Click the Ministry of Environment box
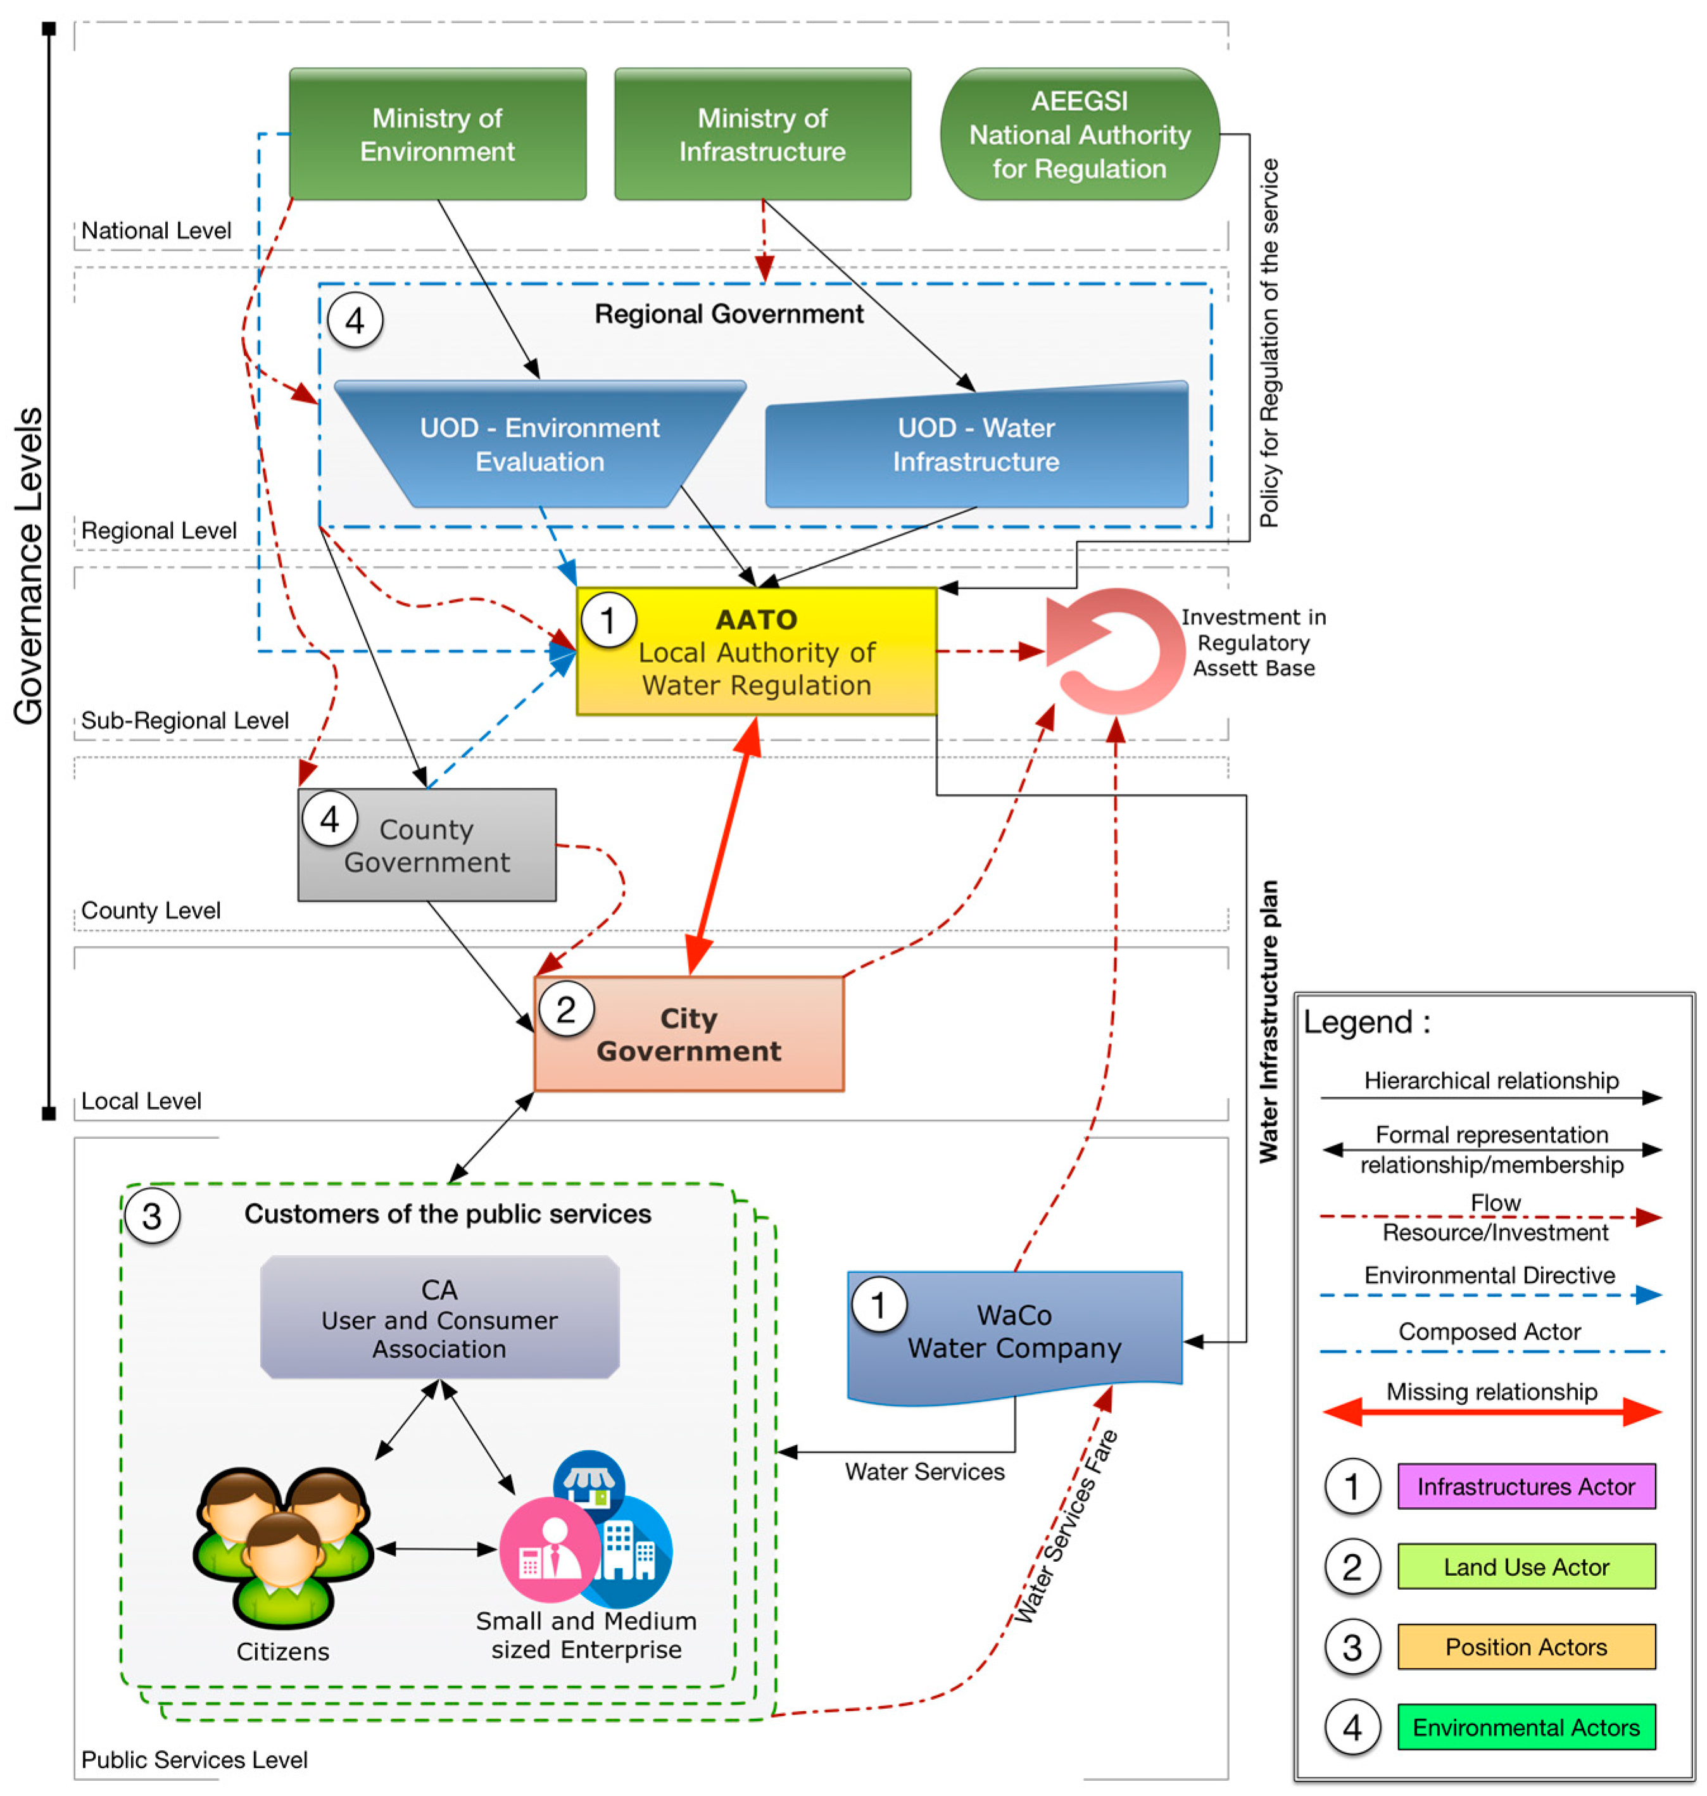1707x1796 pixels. pos(438,134)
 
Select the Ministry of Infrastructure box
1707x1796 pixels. pos(762,134)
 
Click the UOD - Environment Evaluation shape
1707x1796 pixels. pos(539,444)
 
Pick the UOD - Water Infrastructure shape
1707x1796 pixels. pos(976,444)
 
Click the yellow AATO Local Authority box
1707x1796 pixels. pos(756,651)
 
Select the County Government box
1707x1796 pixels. pos(427,845)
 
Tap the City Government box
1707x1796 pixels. pos(689,1034)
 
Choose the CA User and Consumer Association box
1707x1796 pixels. pos(439,1317)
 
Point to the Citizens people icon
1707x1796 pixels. pos(283,1547)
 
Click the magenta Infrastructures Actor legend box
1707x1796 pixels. pos(1526,1486)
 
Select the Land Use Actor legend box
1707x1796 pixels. pos(1526,1566)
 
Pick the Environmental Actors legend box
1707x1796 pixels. pos(1526,1727)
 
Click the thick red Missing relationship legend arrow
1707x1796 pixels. pos(1492,1412)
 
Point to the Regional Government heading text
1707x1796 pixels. pos(729,314)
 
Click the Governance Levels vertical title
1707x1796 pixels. pos(28,565)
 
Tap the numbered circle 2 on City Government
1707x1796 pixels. pos(566,1009)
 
